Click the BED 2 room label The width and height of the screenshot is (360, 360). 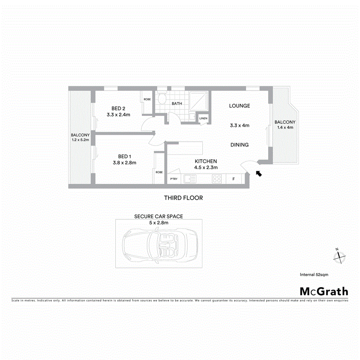[x=118, y=108]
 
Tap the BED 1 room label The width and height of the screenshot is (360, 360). [x=124, y=156]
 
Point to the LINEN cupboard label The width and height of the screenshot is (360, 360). [x=203, y=119]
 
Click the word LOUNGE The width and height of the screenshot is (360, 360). [x=239, y=106]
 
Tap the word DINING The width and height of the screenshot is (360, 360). [x=239, y=145]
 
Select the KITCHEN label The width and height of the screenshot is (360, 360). [x=206, y=161]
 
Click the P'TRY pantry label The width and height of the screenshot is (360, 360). [x=173, y=179]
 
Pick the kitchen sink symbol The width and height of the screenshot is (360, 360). [x=190, y=179]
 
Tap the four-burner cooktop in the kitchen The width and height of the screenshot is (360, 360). [x=217, y=179]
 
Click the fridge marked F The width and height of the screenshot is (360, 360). [x=233, y=179]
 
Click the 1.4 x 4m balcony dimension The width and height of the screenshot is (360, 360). [x=285, y=127]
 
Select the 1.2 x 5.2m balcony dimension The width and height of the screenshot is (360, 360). [x=80, y=140]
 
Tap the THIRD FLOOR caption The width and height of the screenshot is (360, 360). [x=183, y=198]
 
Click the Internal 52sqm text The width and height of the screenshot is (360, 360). [x=314, y=275]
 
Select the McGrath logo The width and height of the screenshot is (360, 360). [x=324, y=291]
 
